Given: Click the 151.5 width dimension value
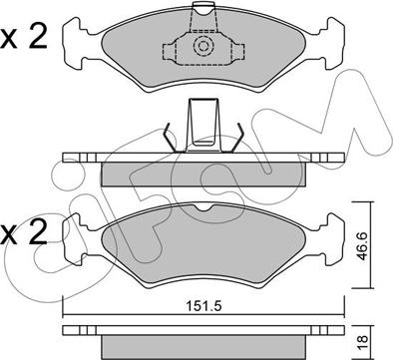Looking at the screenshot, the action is tap(203, 306).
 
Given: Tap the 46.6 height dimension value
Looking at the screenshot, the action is tap(361, 246).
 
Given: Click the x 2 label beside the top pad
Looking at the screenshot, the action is tap(24, 38).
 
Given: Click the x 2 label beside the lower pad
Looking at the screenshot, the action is tap(24, 233).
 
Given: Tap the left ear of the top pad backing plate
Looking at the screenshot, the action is tap(76, 44).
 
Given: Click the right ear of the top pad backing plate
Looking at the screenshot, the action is tap(331, 44).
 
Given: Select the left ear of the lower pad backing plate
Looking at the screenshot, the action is tap(76, 239).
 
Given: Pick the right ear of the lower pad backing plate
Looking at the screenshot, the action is tap(331, 239).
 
